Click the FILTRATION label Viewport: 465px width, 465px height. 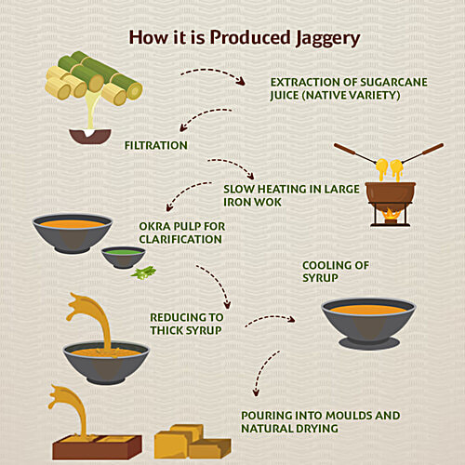tap(156, 145)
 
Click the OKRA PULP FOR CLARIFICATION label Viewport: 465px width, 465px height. tap(180, 232)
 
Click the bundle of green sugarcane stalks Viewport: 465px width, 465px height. tap(93, 76)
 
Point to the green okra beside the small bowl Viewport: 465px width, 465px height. tap(144, 272)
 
